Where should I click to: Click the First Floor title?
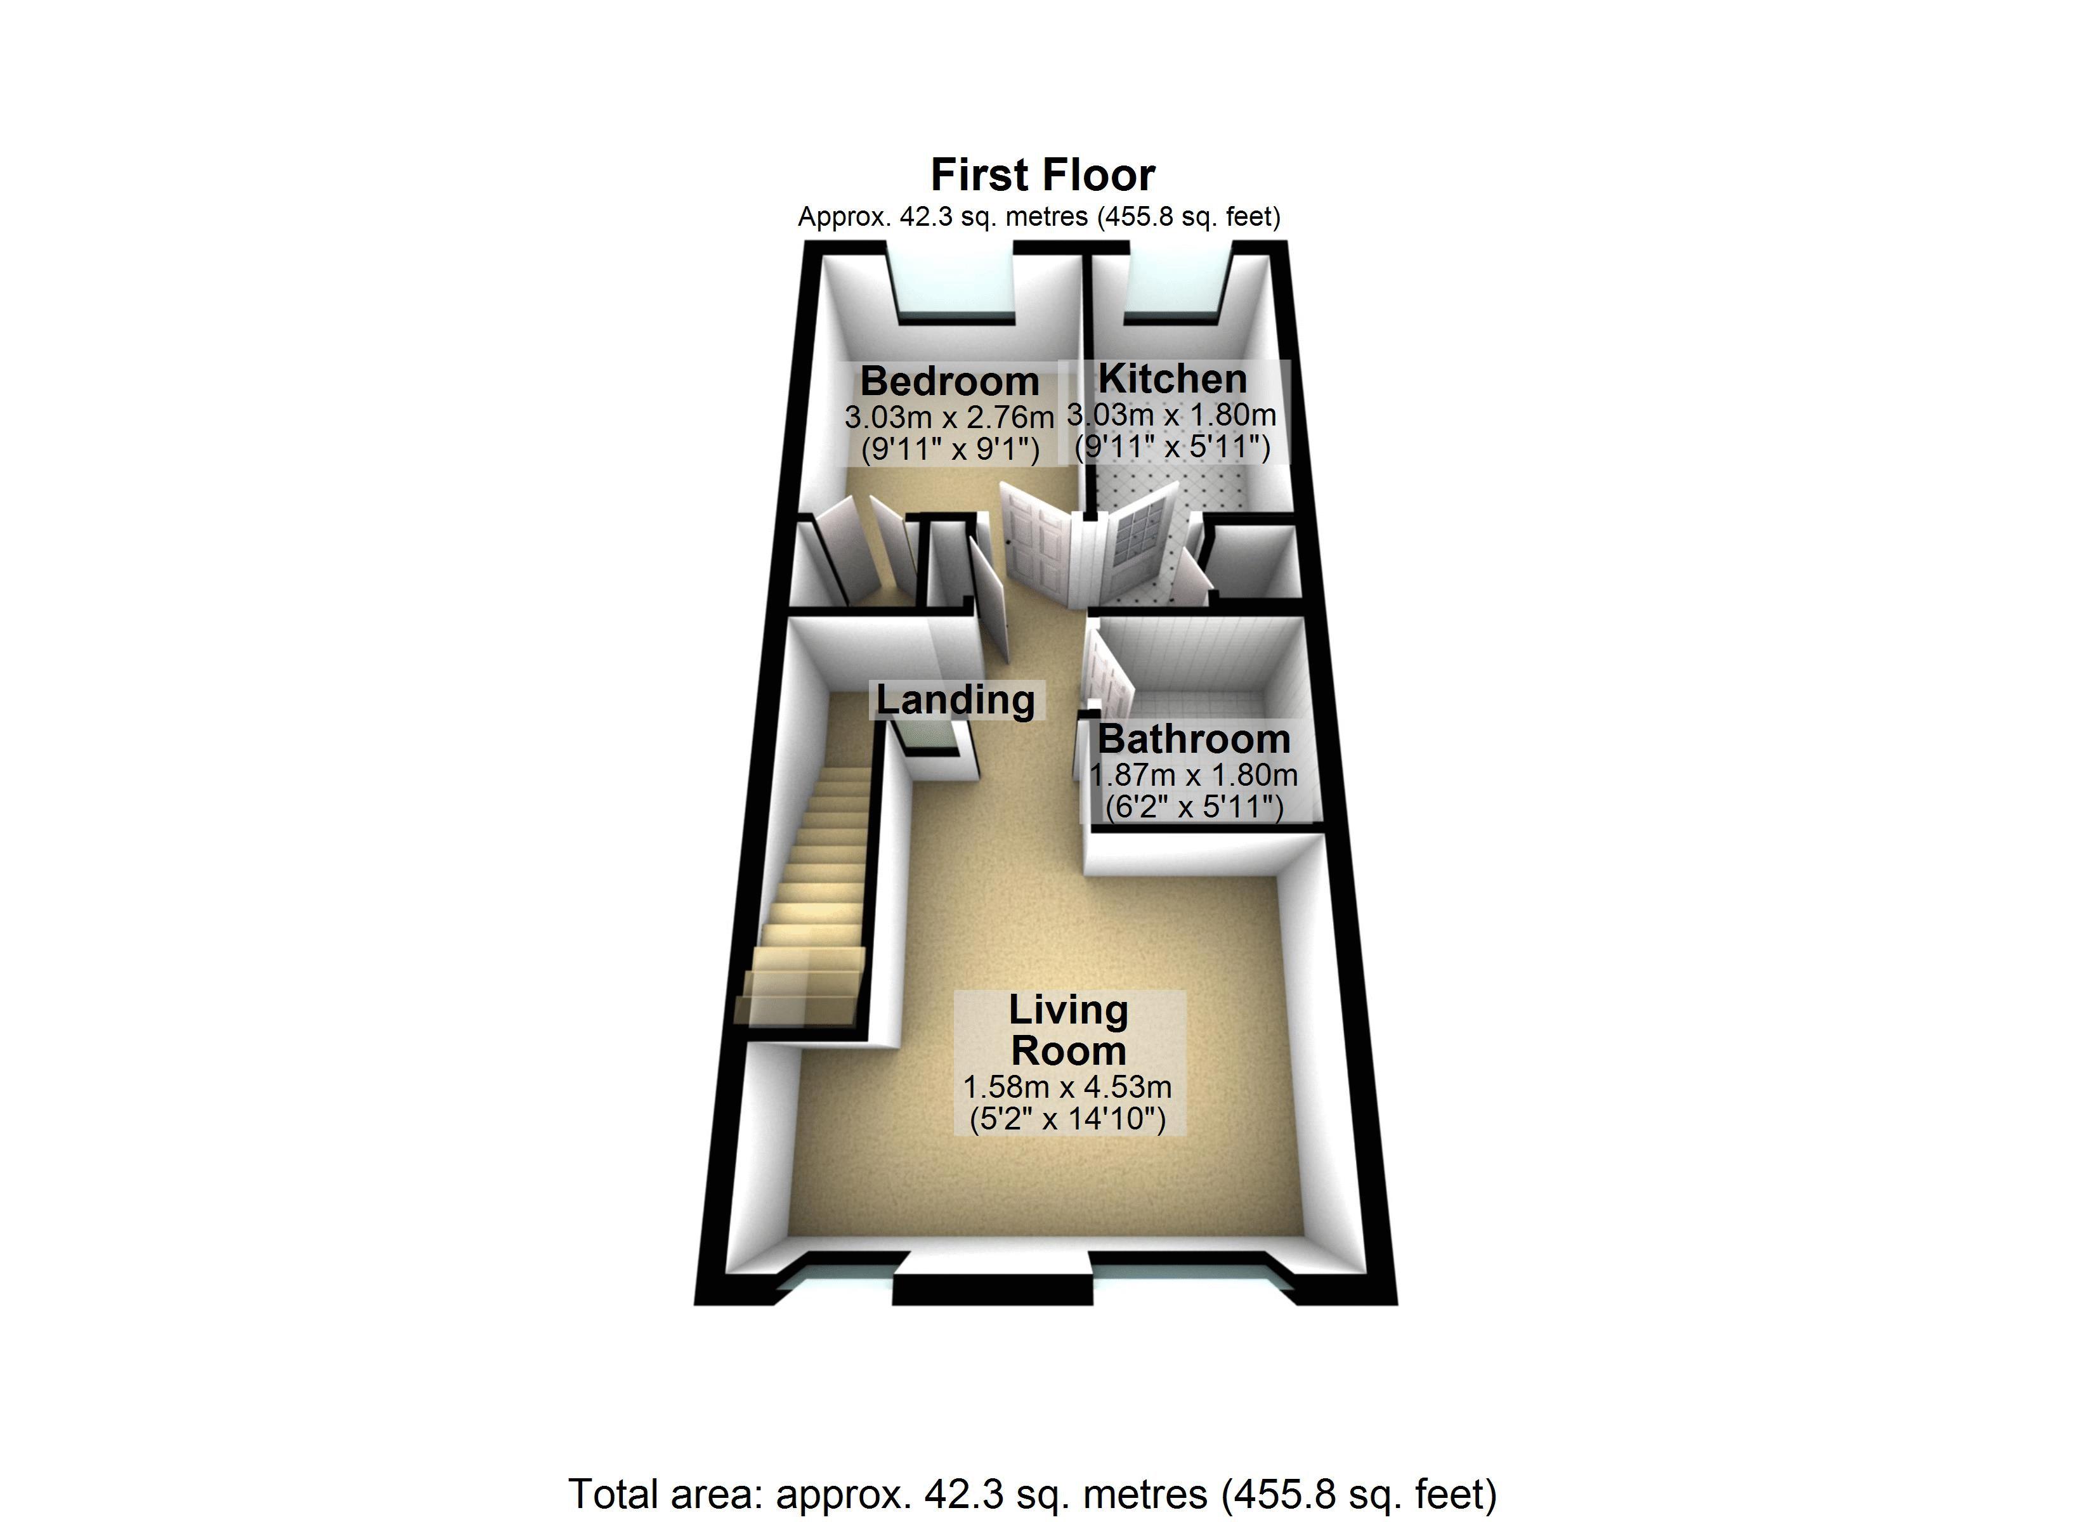[x=1043, y=174]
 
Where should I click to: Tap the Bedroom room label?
[x=949, y=381]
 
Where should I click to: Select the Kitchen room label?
[x=1172, y=379]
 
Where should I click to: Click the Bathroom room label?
[x=1193, y=739]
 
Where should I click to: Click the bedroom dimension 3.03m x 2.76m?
[x=949, y=417]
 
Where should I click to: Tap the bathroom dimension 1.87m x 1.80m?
[x=1193, y=776]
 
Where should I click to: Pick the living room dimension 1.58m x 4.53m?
[x=1067, y=1087]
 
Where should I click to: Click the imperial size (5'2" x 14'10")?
[x=1067, y=1119]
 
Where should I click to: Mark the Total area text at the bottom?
[x=1033, y=1492]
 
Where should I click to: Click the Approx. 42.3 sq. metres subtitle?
[x=1039, y=217]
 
